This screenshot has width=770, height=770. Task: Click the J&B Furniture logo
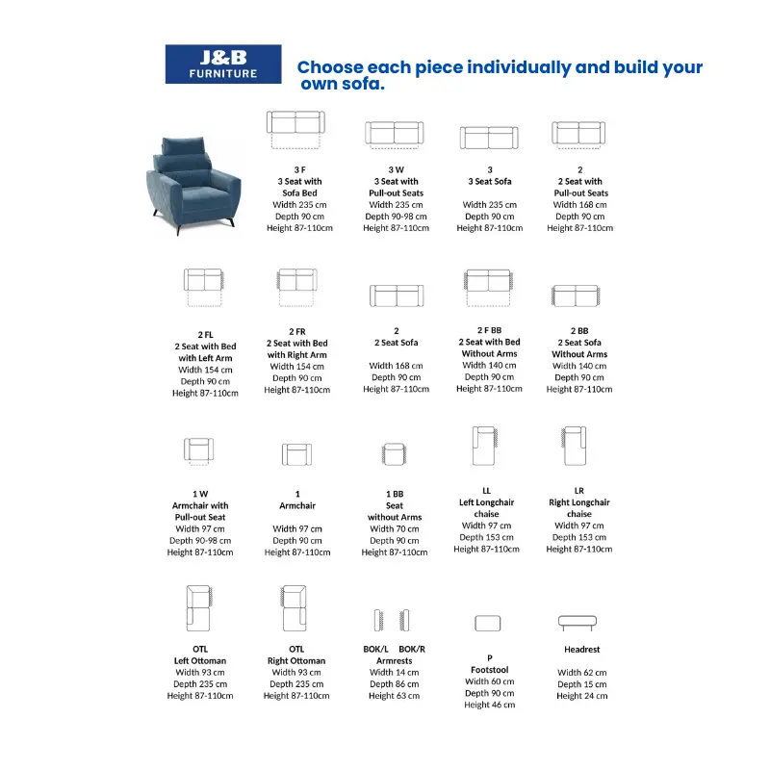[223, 64]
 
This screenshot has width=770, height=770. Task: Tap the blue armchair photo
[194, 186]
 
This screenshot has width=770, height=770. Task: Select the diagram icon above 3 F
[295, 130]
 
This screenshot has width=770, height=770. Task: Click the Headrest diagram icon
[577, 623]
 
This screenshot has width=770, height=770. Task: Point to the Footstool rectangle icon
[488, 623]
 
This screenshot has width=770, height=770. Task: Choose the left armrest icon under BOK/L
[378, 620]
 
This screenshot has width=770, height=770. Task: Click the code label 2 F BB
[490, 330]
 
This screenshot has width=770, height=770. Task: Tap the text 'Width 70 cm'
[395, 528]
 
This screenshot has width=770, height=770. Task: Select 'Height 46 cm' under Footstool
[490, 705]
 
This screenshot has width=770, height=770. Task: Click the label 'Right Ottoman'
[296, 661]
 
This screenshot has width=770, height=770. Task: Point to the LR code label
[579, 491]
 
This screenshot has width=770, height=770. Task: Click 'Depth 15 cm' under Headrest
[582, 684]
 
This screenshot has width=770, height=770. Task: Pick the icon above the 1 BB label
[395, 453]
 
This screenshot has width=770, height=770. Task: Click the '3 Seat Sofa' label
[490, 181]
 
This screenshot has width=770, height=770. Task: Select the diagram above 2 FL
[204, 287]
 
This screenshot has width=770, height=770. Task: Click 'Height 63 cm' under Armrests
[395, 696]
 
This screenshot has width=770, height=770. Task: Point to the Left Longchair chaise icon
[485, 446]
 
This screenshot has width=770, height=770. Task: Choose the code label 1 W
[200, 494]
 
